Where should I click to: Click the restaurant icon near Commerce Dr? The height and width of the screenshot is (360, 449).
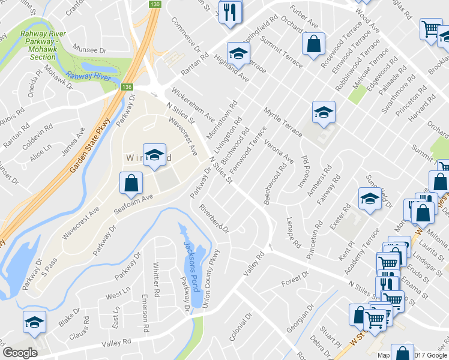pos(230,13)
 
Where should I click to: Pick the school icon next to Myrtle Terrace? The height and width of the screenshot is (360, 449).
pos(324,112)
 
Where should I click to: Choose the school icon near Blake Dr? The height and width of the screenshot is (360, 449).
pos(34,323)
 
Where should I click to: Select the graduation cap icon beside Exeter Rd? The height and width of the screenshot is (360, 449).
pos(370,199)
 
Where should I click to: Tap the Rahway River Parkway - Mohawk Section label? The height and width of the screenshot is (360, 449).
pos(42,45)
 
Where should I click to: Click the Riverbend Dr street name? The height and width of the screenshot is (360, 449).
pos(215,219)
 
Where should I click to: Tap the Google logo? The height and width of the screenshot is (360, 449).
pos(20,352)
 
